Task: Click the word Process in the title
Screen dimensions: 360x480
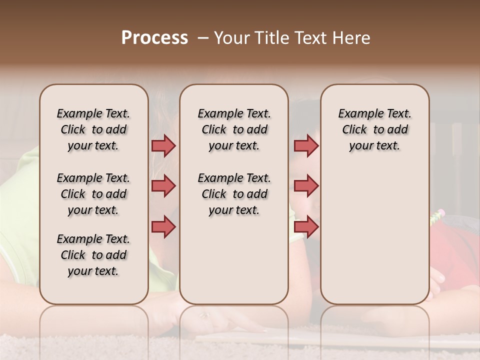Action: [154, 38]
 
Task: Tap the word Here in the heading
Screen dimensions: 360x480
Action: [352, 38]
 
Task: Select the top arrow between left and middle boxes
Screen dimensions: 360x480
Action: [163, 146]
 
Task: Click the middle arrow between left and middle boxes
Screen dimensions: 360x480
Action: [163, 186]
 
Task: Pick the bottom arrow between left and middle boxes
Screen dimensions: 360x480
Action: [163, 226]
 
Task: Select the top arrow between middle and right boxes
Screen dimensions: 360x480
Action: [305, 146]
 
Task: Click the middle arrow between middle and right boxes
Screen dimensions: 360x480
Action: [305, 186]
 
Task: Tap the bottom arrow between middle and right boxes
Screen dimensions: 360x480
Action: [305, 226]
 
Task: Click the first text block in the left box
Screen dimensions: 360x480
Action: [93, 129]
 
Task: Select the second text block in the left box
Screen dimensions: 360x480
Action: [93, 194]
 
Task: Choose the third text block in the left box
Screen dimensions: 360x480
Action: [93, 255]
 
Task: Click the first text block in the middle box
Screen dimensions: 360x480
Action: [234, 129]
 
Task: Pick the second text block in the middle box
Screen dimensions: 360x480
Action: [234, 194]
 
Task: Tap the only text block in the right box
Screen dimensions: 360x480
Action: [374, 129]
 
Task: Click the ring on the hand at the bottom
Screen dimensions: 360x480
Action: [204, 315]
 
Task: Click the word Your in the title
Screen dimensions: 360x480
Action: [231, 38]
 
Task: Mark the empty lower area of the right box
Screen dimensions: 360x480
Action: [374, 240]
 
